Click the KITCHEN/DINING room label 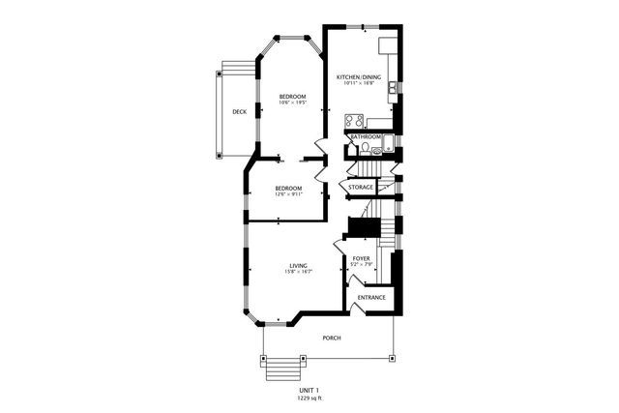[x=358, y=76]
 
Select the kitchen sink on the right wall [x=392, y=90]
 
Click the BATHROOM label [x=366, y=137]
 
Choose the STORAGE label [x=361, y=187]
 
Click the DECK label [x=239, y=111]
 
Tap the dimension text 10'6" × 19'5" [x=292, y=103]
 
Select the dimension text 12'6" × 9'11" [x=288, y=194]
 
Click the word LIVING [x=298, y=266]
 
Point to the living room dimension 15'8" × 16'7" [x=298, y=273]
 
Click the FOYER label [x=361, y=259]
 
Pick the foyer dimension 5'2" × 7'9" [x=361, y=266]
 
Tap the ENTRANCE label [x=371, y=297]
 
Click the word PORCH [x=331, y=338]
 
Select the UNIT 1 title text [x=309, y=390]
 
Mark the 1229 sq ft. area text [x=309, y=398]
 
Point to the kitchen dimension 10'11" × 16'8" [x=358, y=83]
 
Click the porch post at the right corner [x=393, y=357]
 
